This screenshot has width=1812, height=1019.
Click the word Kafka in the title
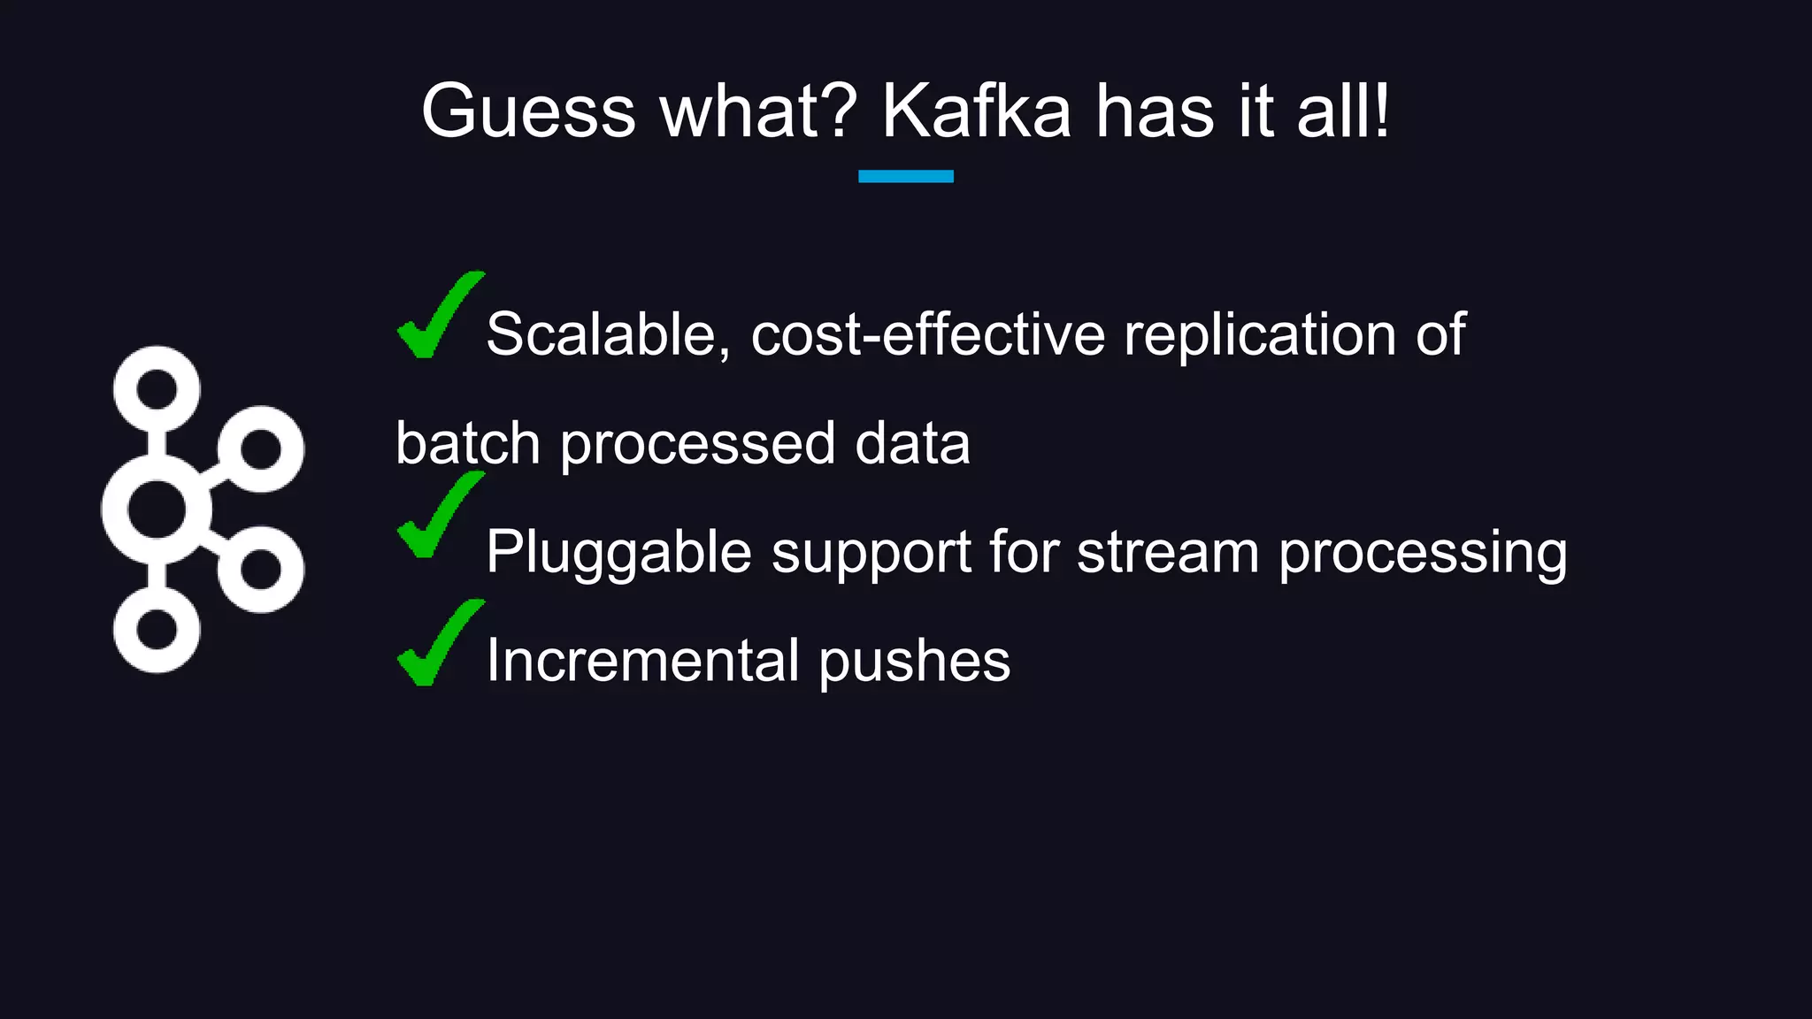(977, 111)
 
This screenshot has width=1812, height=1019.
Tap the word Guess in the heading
(528, 111)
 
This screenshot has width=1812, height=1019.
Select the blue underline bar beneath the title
(905, 176)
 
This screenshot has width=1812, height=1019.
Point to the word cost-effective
(928, 334)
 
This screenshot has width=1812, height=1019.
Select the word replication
(1260, 334)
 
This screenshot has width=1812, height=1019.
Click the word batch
(467, 443)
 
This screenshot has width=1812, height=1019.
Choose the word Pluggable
(618, 553)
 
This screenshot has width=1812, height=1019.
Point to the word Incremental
(643, 661)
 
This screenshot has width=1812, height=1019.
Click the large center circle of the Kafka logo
(157, 509)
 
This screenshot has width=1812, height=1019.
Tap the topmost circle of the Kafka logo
(157, 389)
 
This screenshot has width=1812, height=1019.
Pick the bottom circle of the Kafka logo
(157, 630)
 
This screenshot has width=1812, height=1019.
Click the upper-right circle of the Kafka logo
(261, 449)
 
